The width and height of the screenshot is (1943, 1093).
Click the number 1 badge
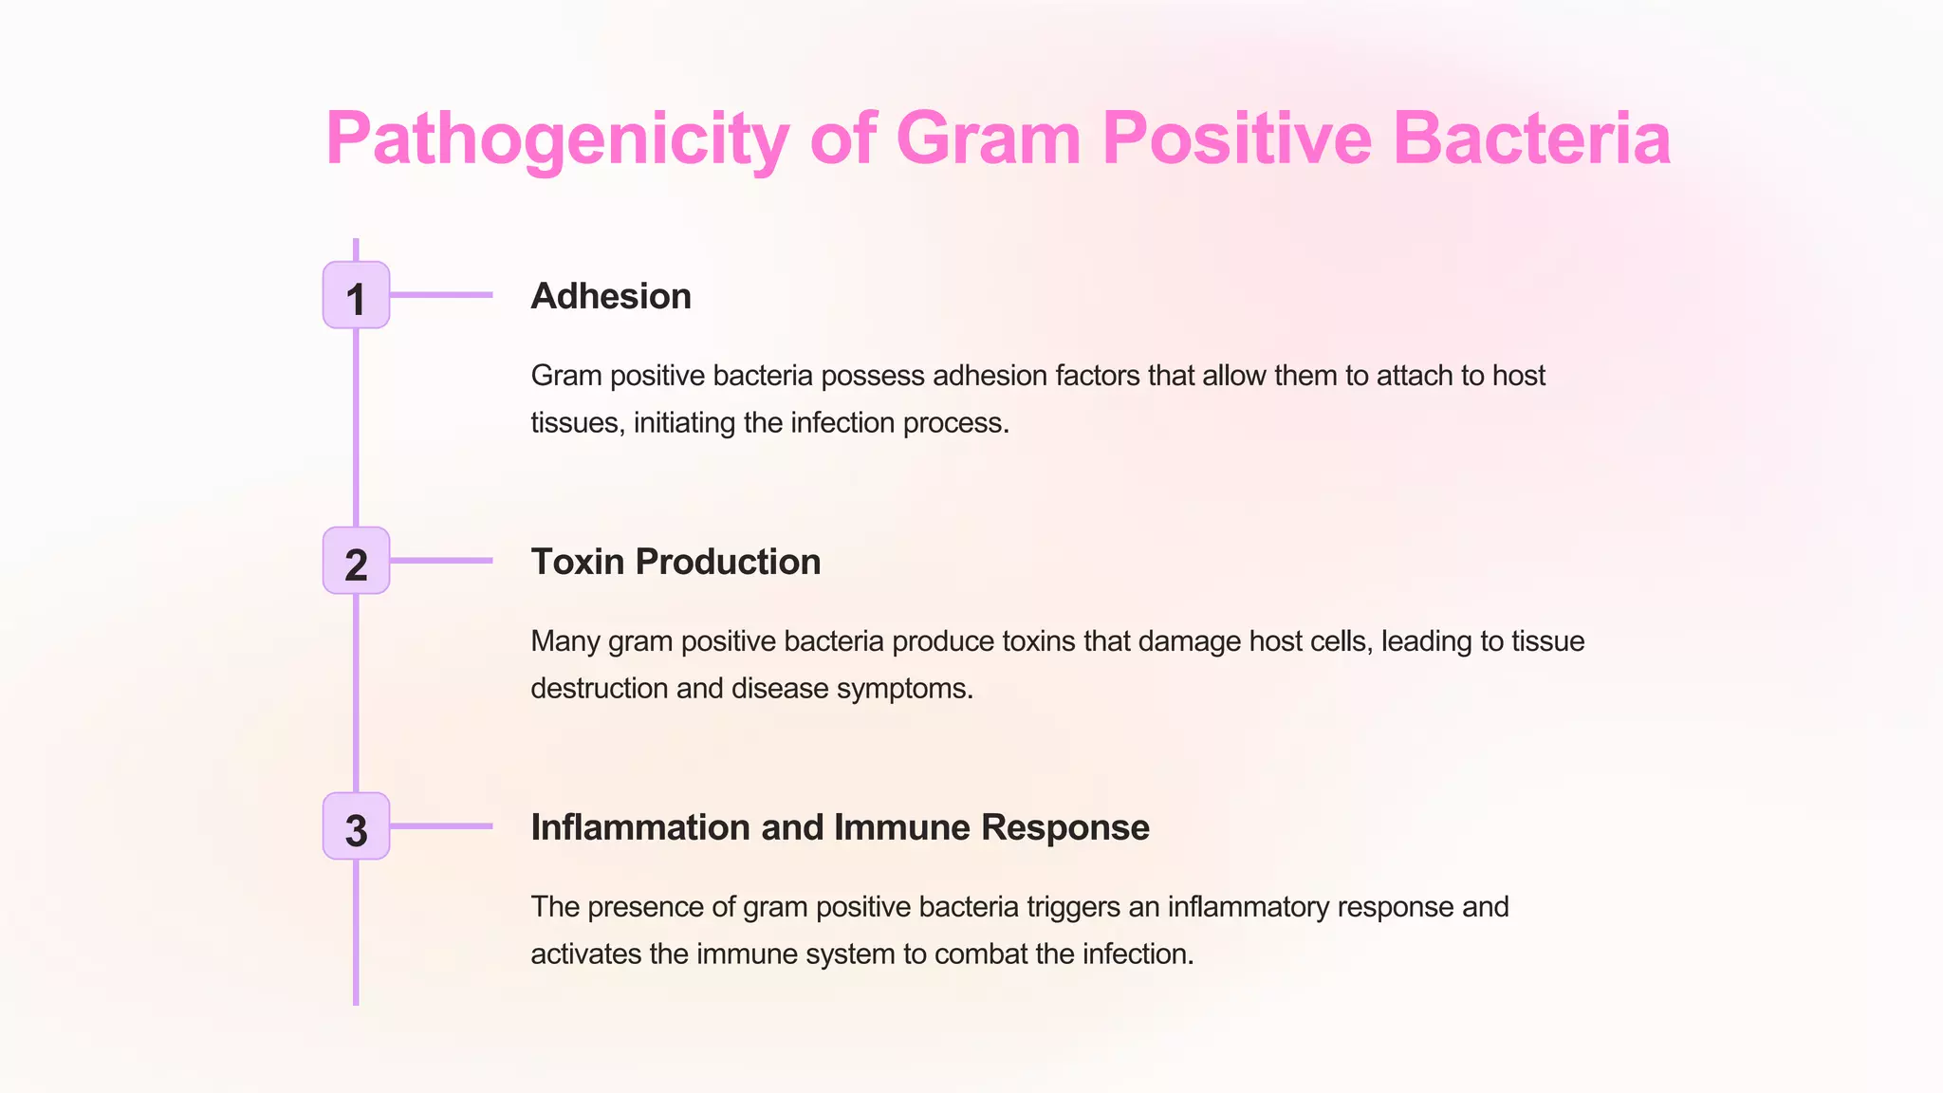click(x=356, y=296)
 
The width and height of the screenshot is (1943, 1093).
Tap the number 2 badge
click(x=356, y=562)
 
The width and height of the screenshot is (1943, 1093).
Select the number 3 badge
click(x=356, y=827)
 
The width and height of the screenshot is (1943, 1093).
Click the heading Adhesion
click(x=610, y=296)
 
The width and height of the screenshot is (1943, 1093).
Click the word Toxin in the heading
click(x=577, y=562)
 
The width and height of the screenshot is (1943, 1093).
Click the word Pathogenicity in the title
click(x=557, y=139)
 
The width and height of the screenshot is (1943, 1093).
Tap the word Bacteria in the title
click(x=1531, y=139)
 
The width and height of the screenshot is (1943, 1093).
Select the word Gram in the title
click(x=988, y=139)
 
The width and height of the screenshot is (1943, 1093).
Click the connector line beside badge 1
click(x=442, y=295)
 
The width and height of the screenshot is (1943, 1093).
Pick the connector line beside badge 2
click(x=442, y=561)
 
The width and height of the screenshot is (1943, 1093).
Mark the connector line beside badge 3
click(x=442, y=826)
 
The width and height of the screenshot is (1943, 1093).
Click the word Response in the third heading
click(x=1065, y=827)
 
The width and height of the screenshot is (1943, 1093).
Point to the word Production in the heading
click(x=728, y=562)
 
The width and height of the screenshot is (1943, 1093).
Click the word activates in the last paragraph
click(x=585, y=954)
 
